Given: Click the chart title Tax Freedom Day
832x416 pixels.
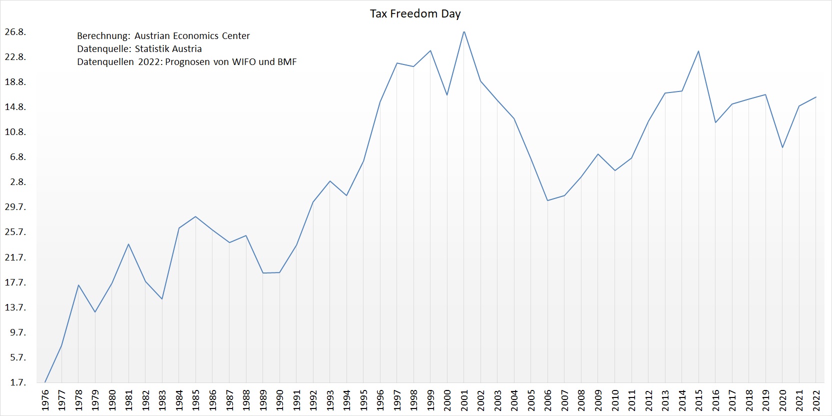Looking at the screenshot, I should pyautogui.click(x=415, y=14).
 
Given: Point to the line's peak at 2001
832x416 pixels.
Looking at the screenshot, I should pyautogui.click(x=464, y=31).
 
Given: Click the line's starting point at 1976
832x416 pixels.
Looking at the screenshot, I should pyautogui.click(x=45, y=382).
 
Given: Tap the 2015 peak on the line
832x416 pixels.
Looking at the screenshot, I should pyautogui.click(x=698, y=51).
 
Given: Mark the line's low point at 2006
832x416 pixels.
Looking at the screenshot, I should pyautogui.click(x=547, y=200).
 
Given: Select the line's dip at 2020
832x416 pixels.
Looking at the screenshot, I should pyautogui.click(x=782, y=147).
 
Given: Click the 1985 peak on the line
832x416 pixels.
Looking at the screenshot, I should pyautogui.click(x=195, y=216).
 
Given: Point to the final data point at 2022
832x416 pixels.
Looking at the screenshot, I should pyautogui.click(x=816, y=97).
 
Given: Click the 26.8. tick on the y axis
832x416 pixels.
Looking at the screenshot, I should pyautogui.click(x=15, y=32).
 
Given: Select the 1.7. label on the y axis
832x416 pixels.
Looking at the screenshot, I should pyautogui.click(x=17, y=382).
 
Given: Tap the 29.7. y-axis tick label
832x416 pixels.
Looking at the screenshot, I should pyautogui.click(x=15, y=207).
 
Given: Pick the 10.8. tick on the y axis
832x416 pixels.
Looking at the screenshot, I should pyautogui.click(x=15, y=132).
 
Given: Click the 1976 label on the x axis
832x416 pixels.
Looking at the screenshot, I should pyautogui.click(x=45, y=400).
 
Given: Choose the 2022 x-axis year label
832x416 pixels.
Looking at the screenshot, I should pyautogui.click(x=816, y=400).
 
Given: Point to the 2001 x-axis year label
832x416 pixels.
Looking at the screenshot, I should pyautogui.click(x=464, y=400).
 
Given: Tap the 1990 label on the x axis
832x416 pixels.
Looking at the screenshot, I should pyautogui.click(x=279, y=400).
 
